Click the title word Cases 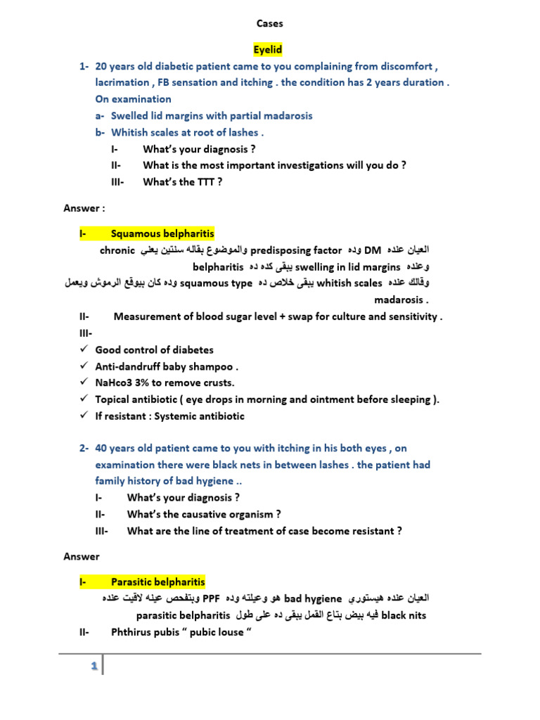(x=269, y=24)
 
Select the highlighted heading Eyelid (x=267, y=50)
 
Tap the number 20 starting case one (x=102, y=66)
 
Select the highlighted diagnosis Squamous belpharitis (x=162, y=233)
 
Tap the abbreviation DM (x=373, y=250)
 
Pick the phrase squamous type (x=216, y=283)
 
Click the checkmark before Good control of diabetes (x=84, y=349)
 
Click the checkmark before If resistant (x=84, y=416)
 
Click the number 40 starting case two (x=102, y=448)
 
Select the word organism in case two (x=244, y=515)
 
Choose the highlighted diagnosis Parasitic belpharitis (x=157, y=582)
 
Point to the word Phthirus (x=131, y=632)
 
